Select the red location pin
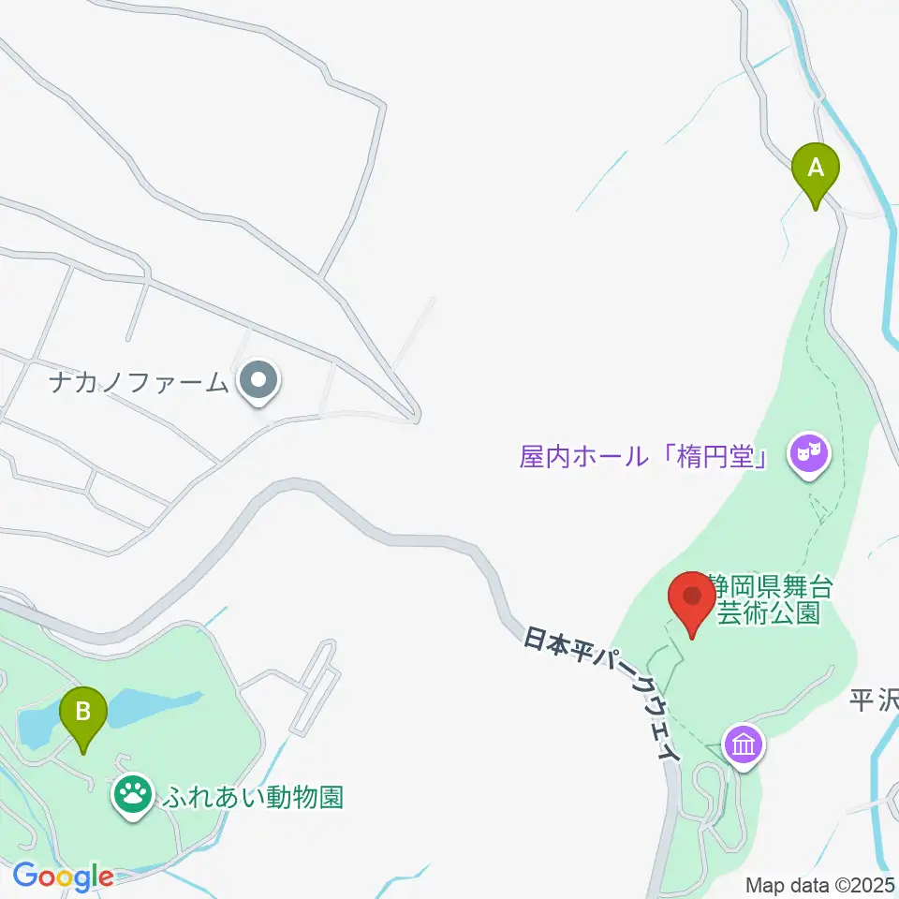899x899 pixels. click(x=693, y=603)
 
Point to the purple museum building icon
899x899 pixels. click(x=744, y=746)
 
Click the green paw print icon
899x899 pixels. click(x=133, y=795)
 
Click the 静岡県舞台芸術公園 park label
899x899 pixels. click(x=770, y=600)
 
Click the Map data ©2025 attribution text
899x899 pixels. click(x=820, y=884)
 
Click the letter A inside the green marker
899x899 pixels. click(x=816, y=168)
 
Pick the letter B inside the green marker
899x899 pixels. click(x=83, y=709)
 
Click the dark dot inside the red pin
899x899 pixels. click(x=693, y=596)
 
